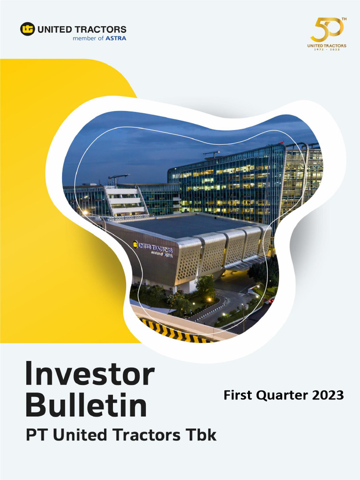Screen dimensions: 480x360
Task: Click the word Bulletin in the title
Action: click(x=86, y=405)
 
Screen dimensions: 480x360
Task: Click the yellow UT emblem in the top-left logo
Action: click(x=28, y=29)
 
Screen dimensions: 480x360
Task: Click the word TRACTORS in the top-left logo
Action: click(x=101, y=30)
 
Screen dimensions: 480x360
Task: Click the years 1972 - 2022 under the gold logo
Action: click(x=327, y=49)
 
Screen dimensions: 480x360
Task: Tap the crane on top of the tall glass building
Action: click(x=212, y=154)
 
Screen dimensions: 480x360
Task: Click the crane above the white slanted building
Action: click(x=119, y=179)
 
